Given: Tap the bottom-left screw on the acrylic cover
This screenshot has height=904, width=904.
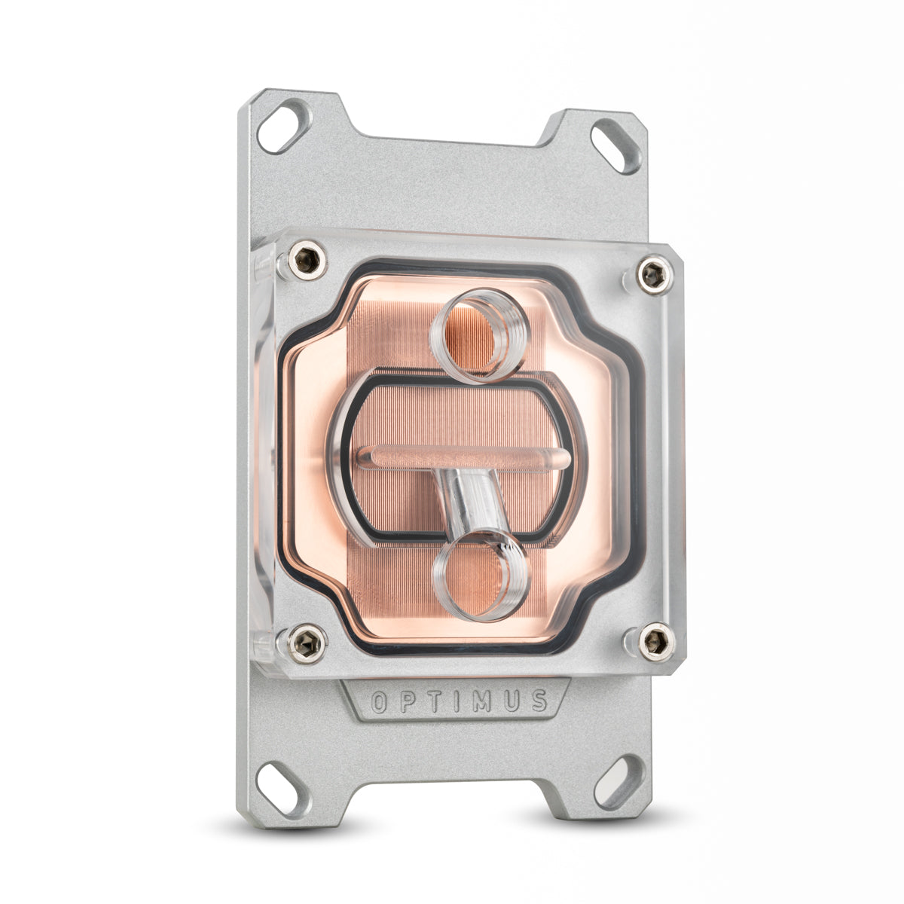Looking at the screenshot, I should pyautogui.click(x=307, y=642).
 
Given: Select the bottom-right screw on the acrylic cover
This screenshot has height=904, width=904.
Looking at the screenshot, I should pyautogui.click(x=654, y=642).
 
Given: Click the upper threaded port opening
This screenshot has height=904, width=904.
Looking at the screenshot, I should pyautogui.click(x=476, y=335).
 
